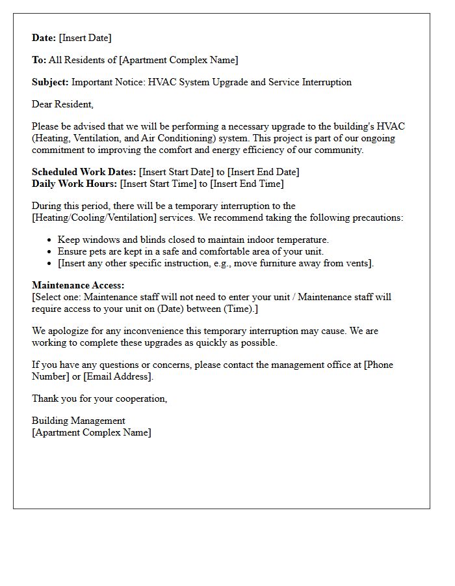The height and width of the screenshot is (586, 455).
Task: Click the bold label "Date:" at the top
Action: tap(44, 38)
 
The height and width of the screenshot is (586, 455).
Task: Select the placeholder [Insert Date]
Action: tap(85, 38)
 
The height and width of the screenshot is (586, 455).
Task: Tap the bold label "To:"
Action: tap(39, 60)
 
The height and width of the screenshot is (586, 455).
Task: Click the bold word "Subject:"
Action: tap(50, 82)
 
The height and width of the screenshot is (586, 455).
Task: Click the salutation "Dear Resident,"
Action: tap(62, 104)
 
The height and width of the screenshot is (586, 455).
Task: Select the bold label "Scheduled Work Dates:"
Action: tap(84, 172)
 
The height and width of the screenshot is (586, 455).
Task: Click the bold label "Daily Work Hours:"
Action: tap(75, 184)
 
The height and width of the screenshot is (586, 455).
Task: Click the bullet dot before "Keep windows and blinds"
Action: tap(49, 240)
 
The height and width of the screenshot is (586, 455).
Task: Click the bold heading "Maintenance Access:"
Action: tap(78, 285)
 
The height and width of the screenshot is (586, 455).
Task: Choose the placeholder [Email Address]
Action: tap(118, 376)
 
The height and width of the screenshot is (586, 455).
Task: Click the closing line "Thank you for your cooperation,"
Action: tap(99, 398)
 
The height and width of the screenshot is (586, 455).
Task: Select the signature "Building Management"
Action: tap(79, 421)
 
